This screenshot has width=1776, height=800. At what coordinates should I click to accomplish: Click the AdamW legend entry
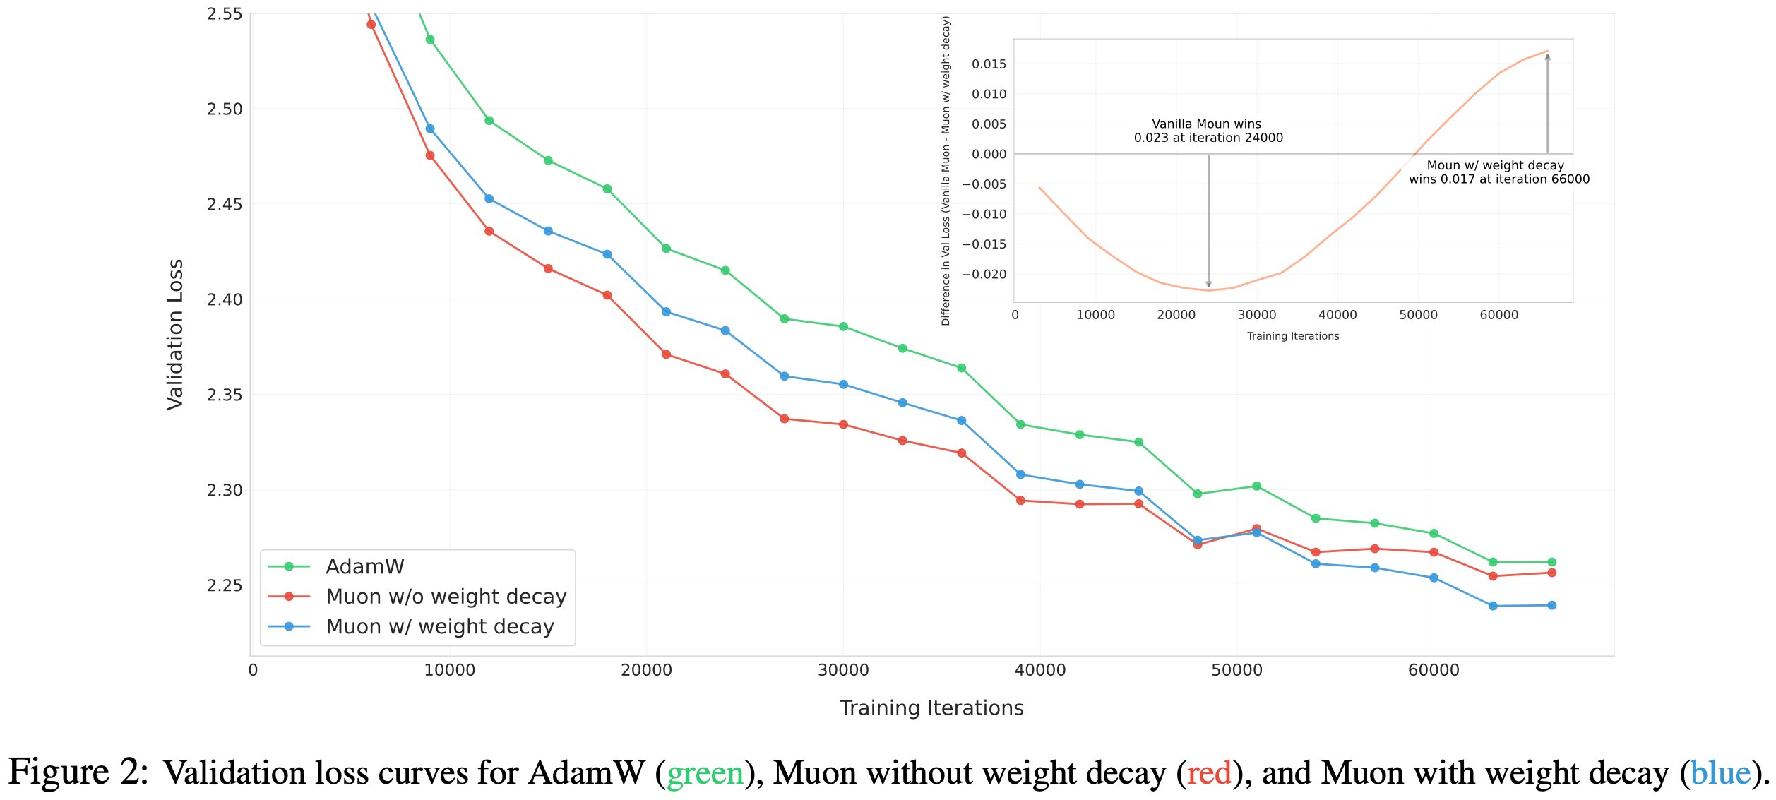(x=364, y=566)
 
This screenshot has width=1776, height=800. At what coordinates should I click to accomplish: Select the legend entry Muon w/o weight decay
(x=446, y=597)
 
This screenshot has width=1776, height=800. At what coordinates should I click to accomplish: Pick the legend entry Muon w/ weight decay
(x=439, y=627)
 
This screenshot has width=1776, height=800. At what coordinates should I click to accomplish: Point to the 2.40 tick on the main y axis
(x=224, y=299)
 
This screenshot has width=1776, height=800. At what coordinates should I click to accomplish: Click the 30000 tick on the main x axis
(x=843, y=670)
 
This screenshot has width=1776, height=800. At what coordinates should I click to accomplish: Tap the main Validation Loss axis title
(x=175, y=334)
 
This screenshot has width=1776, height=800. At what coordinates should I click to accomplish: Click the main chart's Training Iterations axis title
(x=931, y=708)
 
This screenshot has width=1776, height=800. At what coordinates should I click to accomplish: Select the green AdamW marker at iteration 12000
(x=489, y=121)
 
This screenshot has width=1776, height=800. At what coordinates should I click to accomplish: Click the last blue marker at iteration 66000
(x=1551, y=605)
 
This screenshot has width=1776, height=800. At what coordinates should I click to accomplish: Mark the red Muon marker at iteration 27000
(x=784, y=419)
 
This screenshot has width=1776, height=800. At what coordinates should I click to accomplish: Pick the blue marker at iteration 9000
(x=430, y=129)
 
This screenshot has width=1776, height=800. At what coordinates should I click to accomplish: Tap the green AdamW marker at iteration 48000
(x=1198, y=494)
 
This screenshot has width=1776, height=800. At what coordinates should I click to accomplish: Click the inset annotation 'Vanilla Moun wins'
(x=1206, y=124)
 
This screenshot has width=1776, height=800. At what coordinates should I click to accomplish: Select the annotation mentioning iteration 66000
(x=1498, y=172)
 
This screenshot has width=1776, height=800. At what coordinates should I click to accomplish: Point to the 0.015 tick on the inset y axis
(x=989, y=64)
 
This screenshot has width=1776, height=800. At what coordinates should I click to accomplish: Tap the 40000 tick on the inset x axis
(x=1337, y=315)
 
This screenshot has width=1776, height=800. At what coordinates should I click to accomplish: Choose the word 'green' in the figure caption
(x=705, y=773)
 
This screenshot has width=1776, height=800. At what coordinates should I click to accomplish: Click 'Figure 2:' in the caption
(x=78, y=772)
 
